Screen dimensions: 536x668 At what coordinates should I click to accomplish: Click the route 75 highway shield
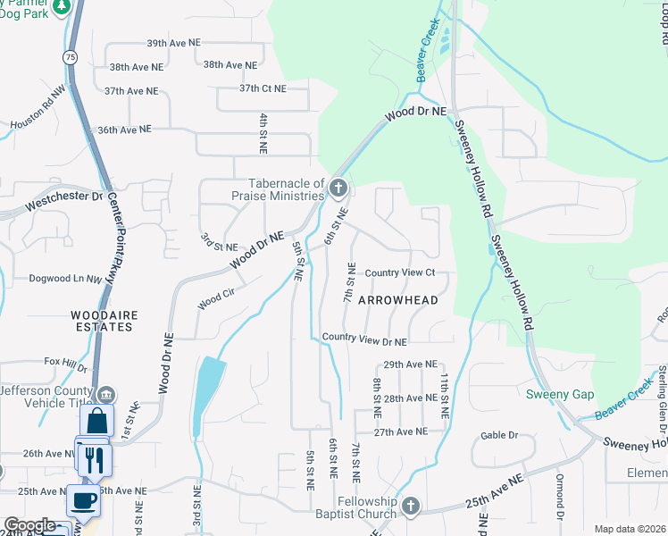pos(71,56)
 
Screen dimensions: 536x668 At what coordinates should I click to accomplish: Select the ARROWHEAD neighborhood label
pos(398,300)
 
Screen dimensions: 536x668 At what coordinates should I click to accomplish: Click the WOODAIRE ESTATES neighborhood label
pos(102,321)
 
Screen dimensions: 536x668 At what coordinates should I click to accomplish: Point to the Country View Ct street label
pos(399,272)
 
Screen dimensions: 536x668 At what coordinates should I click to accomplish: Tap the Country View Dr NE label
pos(364,340)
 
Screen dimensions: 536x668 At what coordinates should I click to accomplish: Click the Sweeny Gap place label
pos(559,395)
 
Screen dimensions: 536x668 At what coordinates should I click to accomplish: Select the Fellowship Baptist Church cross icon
pos(410,507)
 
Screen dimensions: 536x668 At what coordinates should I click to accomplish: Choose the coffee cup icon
pos(84,500)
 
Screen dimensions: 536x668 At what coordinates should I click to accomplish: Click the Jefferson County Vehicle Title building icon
pos(105,394)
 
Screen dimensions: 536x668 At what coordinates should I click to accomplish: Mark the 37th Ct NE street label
pos(263,88)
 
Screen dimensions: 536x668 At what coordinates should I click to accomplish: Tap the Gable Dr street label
pos(499,435)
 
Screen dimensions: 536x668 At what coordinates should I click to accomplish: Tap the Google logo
pos(29,526)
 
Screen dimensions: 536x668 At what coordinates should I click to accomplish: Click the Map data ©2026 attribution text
pos(629,529)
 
